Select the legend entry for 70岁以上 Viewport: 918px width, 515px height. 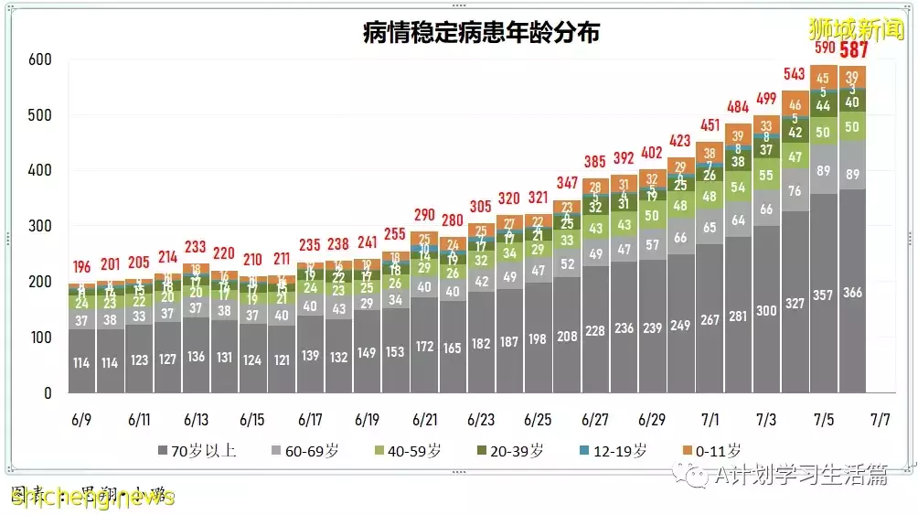pos(197,450)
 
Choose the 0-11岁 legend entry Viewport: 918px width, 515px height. pos(712,450)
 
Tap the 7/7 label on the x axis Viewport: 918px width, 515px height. pos(881,421)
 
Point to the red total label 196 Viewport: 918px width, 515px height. pos(82,267)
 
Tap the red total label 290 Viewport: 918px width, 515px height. pos(423,216)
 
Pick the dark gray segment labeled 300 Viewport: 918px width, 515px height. pos(766,311)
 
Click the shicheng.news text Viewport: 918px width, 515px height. pos(91,497)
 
